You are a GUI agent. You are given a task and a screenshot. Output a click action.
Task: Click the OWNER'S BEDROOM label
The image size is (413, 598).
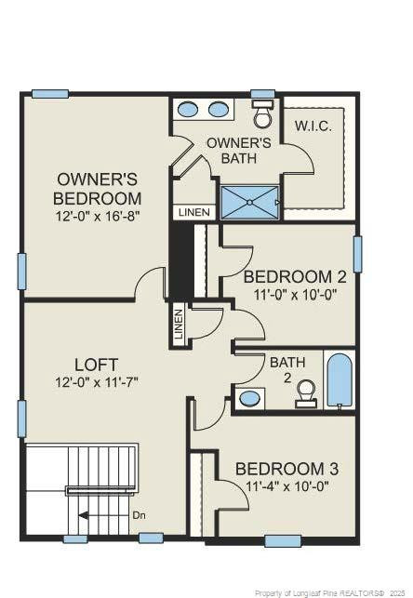click(x=98, y=188)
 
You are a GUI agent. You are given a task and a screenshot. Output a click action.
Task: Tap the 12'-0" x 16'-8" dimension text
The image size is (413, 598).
click(x=98, y=216)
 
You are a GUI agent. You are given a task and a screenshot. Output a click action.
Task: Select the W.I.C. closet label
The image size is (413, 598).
click(x=313, y=126)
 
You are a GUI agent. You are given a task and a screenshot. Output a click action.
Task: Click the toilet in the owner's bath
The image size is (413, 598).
click(x=262, y=116)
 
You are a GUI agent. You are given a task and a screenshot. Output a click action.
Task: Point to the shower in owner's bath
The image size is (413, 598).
click(x=249, y=201)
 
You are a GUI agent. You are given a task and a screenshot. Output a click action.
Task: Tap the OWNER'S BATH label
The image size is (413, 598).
click(x=239, y=151)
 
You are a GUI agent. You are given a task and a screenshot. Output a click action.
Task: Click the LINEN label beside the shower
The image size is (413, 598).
click(x=194, y=212)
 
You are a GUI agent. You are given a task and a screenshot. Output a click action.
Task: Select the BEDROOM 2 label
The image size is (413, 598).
click(x=295, y=276)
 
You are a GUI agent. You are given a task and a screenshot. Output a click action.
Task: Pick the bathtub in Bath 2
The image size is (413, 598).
click(x=340, y=379)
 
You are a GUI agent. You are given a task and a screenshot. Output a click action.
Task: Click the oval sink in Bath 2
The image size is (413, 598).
click(x=250, y=398)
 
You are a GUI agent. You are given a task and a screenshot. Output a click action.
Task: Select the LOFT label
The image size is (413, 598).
click(x=97, y=364)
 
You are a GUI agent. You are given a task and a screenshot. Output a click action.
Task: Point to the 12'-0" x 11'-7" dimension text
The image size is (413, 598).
click(x=97, y=382)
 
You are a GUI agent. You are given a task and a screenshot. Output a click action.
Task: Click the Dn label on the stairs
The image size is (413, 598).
click(x=140, y=513)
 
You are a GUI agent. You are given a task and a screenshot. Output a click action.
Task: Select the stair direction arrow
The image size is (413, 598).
click(x=99, y=513)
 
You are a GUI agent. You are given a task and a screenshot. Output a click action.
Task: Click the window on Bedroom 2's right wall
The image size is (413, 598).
click(x=357, y=253)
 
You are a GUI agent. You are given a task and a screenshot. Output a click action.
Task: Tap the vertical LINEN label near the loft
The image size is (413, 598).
click(x=179, y=325)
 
